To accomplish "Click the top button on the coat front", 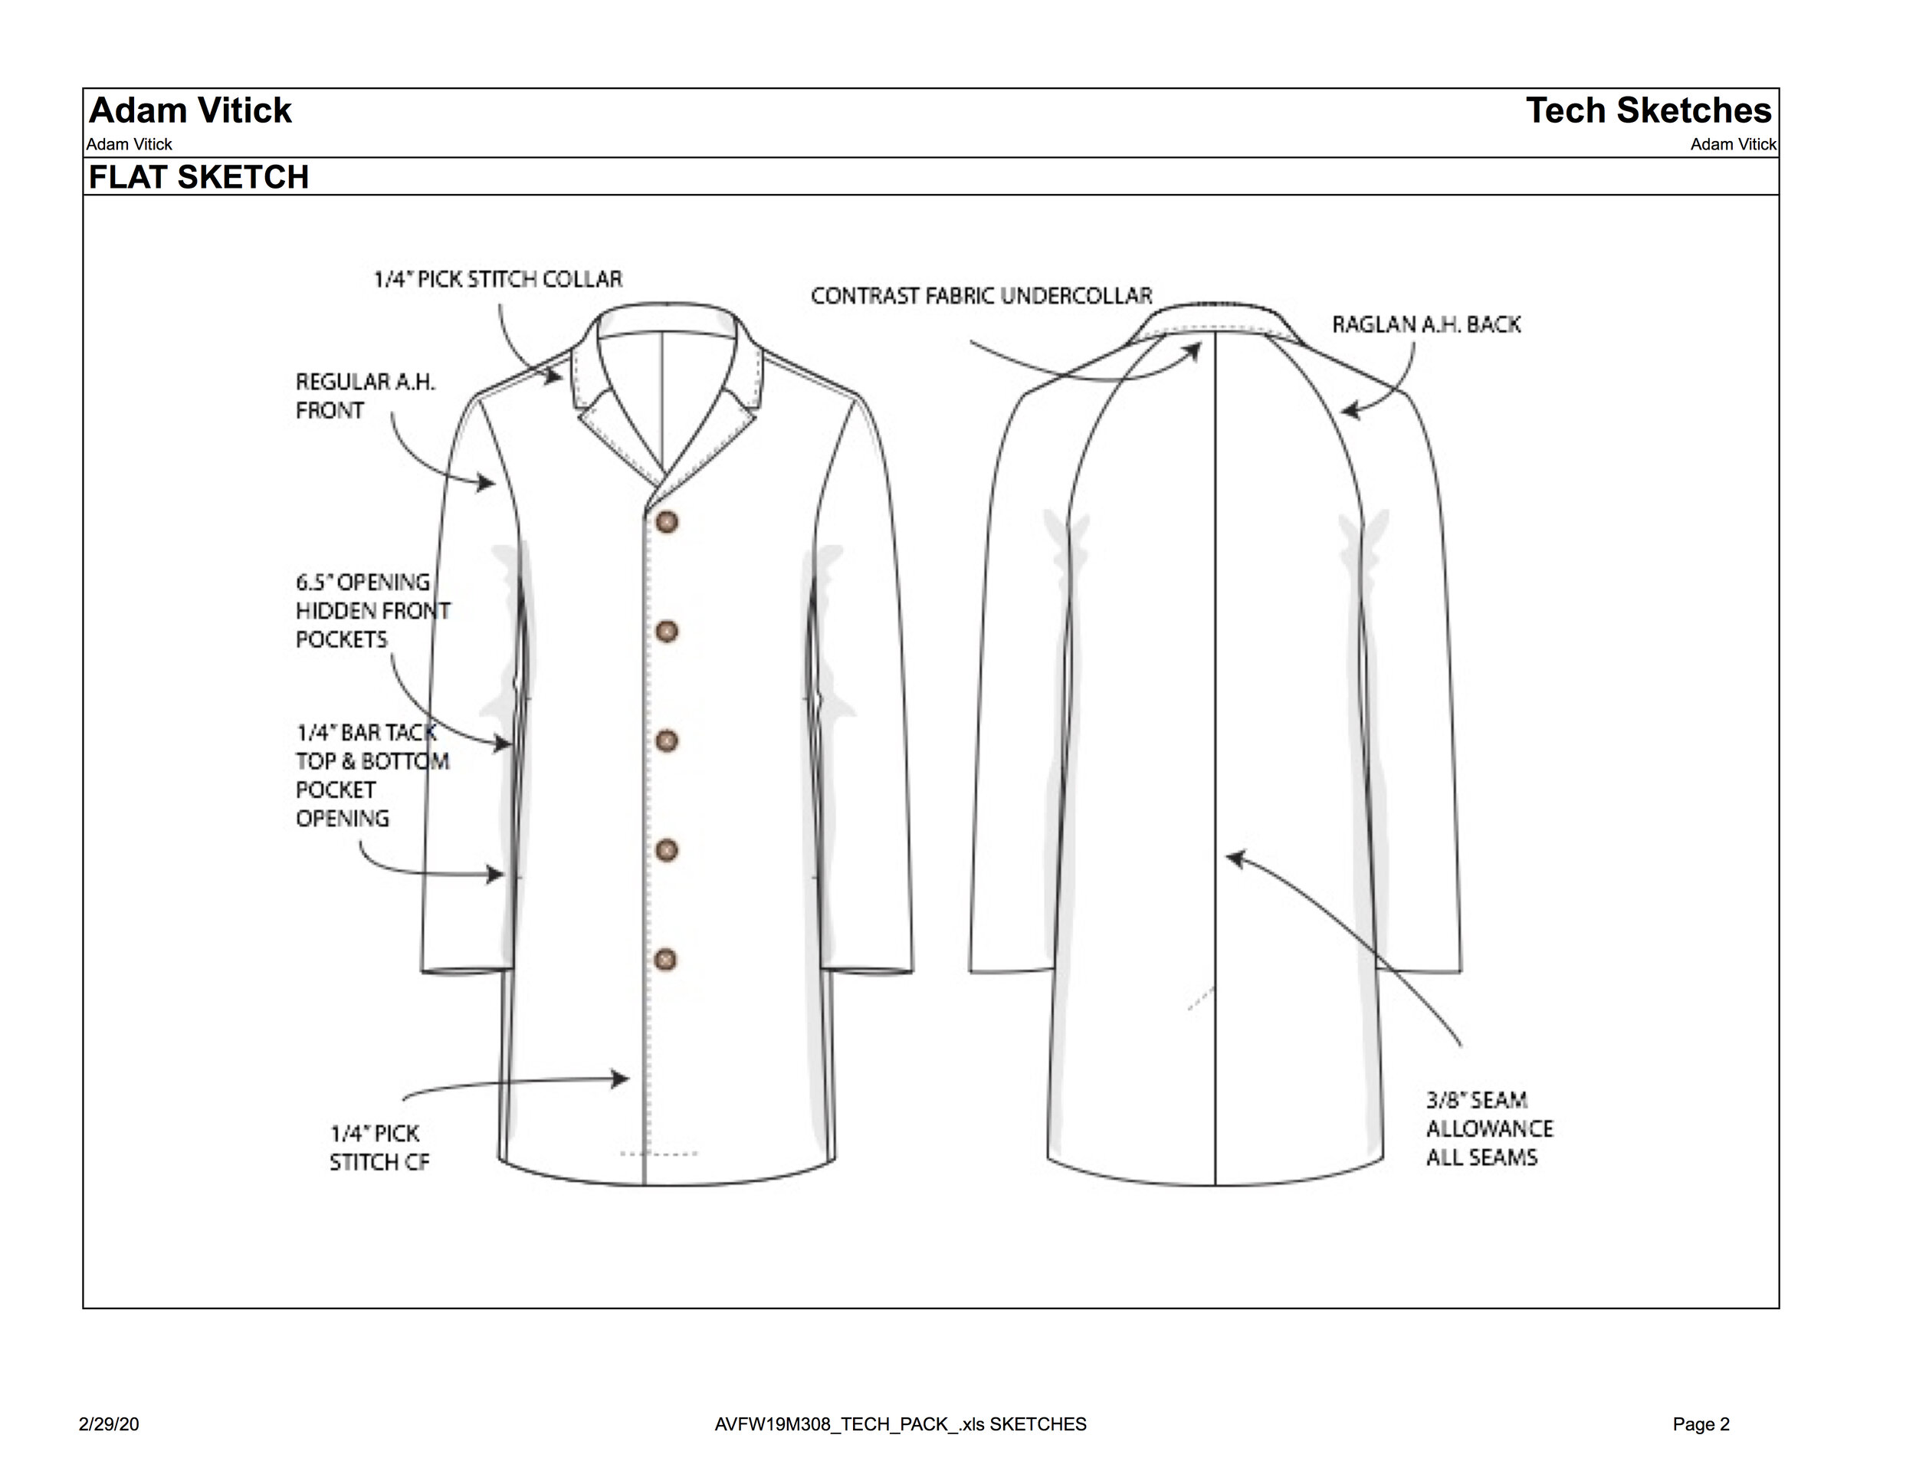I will tap(667, 523).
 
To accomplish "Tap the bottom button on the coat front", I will tap(667, 959).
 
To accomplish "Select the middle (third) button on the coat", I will tap(667, 740).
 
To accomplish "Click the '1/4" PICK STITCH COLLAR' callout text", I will tap(497, 280).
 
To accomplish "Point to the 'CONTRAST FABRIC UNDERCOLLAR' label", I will tap(981, 296).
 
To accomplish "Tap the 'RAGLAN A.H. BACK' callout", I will tap(1426, 324).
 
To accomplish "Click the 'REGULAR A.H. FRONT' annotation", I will tap(365, 396).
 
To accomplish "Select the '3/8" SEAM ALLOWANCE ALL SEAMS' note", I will tap(1489, 1128).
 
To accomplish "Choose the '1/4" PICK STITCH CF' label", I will tap(379, 1148).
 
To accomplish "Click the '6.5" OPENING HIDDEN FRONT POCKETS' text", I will tap(372, 611).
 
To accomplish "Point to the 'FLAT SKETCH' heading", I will tap(199, 177).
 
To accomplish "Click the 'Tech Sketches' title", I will tap(1649, 110).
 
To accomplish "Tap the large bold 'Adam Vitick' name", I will tap(190, 110).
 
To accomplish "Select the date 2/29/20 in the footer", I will tap(109, 1424).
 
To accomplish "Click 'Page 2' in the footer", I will tap(1700, 1424).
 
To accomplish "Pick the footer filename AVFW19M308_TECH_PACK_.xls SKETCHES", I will tap(900, 1424).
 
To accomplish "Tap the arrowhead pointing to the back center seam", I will tap(1233, 857).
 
